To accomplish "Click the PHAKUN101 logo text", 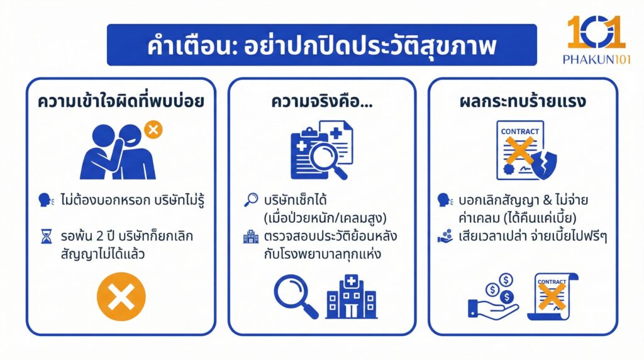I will pos(596,59).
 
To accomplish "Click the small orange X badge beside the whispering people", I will pos(153,130).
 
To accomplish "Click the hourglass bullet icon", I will pos(45,239).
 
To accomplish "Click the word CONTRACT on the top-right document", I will pos(519,132).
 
